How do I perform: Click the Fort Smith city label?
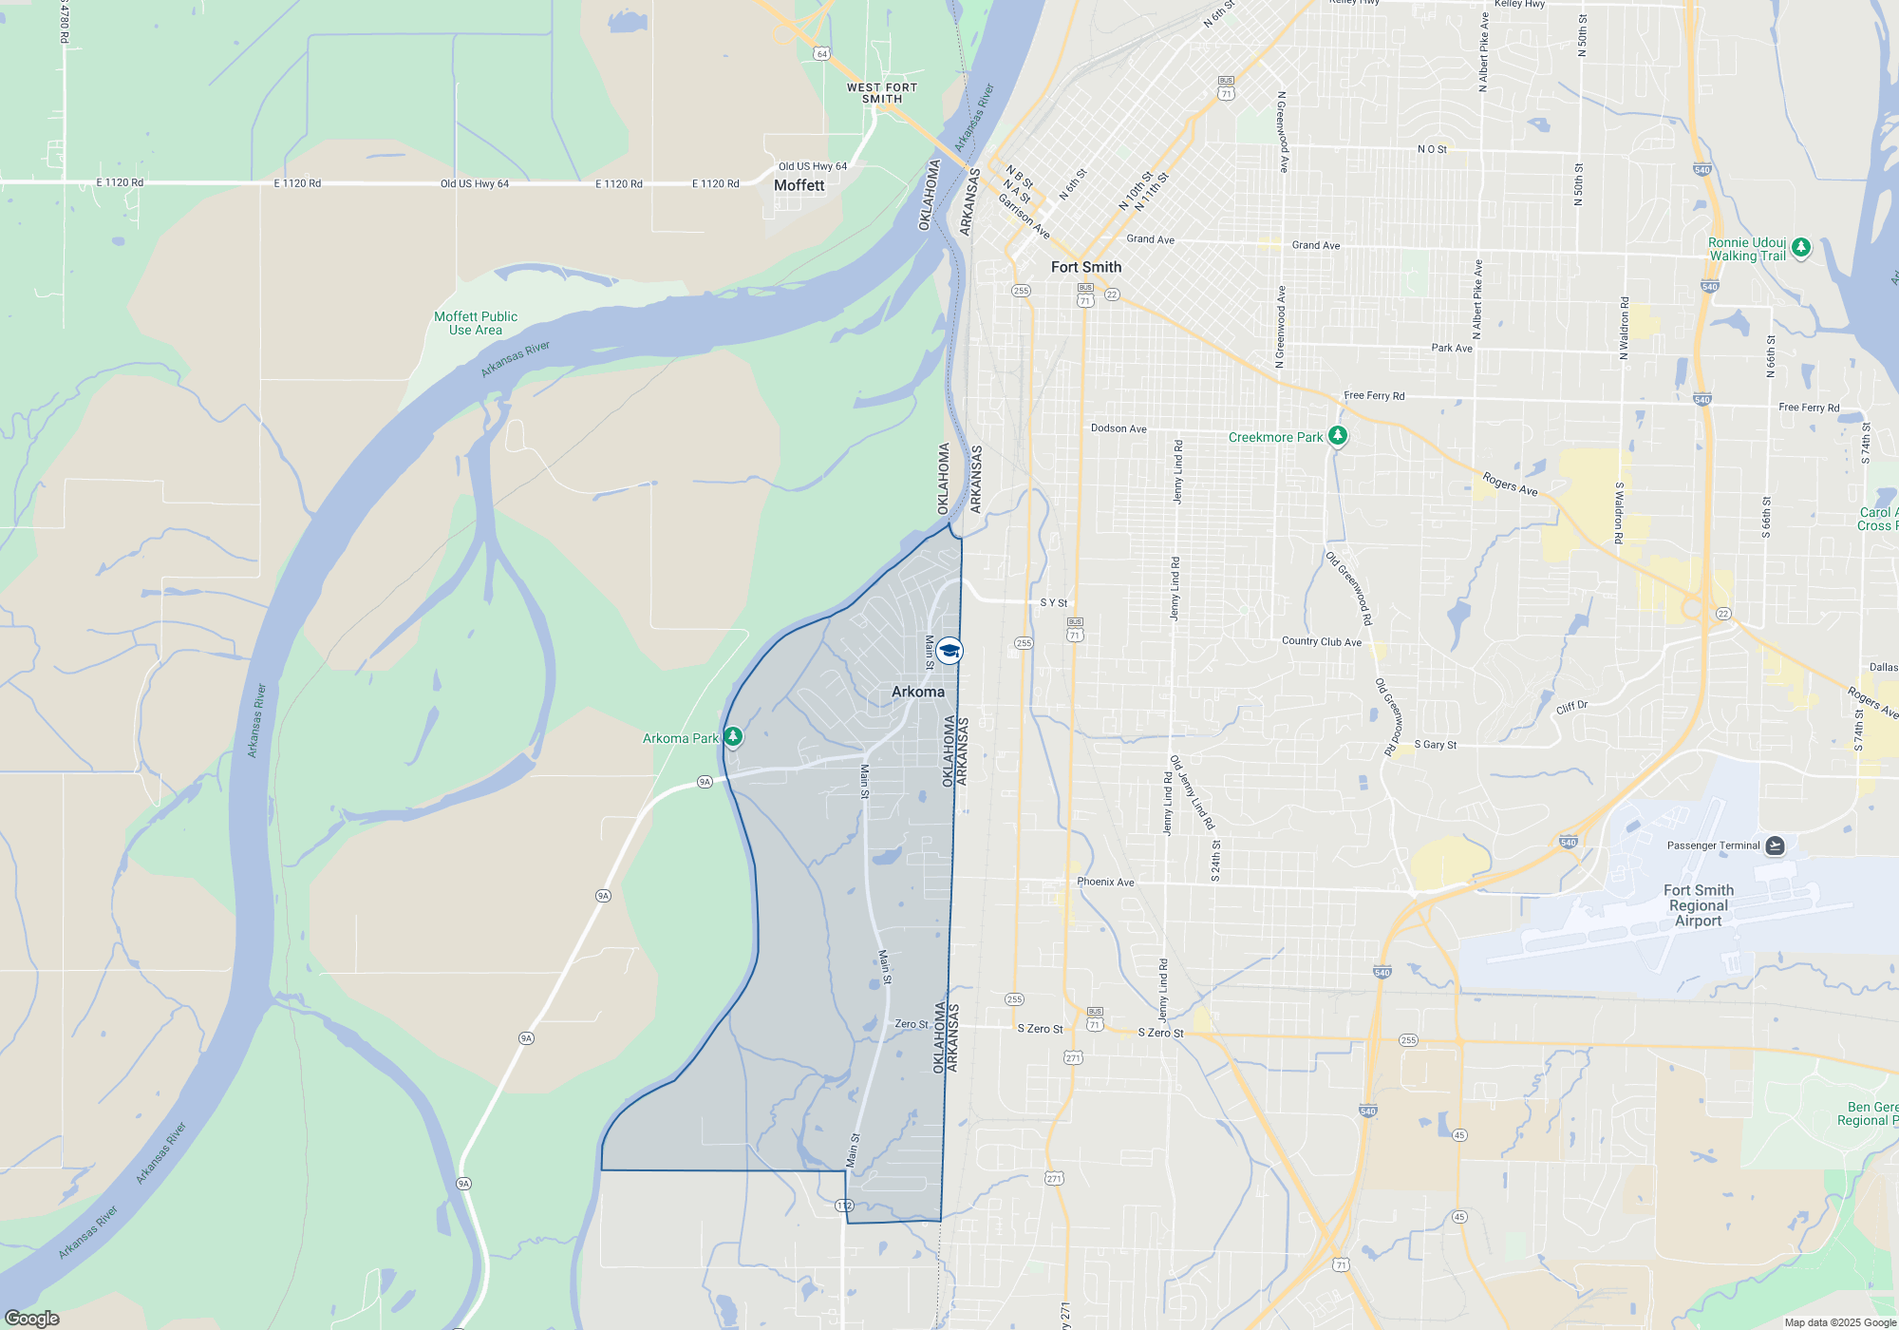[1085, 268]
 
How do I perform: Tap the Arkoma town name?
[917, 693]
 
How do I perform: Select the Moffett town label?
[799, 186]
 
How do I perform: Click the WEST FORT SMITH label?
[882, 93]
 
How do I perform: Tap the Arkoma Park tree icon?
[732, 737]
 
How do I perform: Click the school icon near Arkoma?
[949, 651]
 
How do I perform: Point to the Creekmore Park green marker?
[1337, 436]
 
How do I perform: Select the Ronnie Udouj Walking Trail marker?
[1800, 248]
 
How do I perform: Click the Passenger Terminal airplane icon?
[1775, 845]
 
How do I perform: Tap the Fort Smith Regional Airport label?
[1698, 905]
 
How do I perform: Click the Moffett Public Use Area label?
[476, 323]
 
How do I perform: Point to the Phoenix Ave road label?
[1105, 883]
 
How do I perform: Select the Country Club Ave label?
[1321, 642]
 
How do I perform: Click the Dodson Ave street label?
[1119, 428]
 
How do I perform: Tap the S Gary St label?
[1435, 745]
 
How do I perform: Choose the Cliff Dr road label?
[1571, 707]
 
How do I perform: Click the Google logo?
[32, 1318]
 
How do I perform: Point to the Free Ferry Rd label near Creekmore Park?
[1374, 396]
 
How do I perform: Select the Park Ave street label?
[1452, 349]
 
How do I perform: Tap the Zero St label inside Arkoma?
[911, 1024]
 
